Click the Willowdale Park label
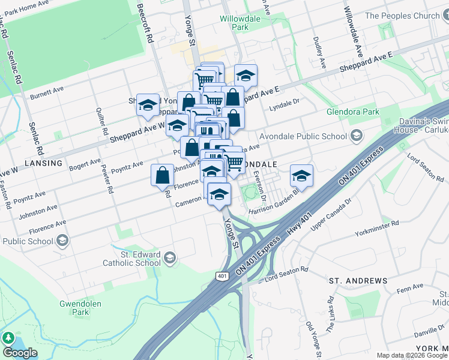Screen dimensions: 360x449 point(240,23)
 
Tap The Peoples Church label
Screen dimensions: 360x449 point(403,16)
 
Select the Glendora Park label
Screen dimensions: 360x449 point(353,112)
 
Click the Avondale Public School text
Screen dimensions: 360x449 point(304,136)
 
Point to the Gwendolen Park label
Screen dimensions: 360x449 point(74,308)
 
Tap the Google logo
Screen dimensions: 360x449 point(20,352)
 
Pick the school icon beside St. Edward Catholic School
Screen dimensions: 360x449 point(170,258)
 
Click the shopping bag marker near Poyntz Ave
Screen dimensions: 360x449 point(163,175)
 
